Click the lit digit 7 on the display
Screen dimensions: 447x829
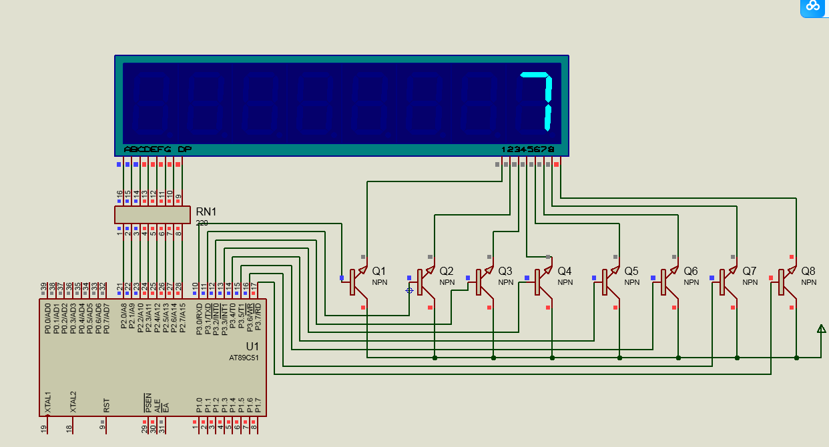click(539, 101)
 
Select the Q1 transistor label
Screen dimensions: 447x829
click(379, 271)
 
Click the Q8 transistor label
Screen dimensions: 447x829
click(808, 271)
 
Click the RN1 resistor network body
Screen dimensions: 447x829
click(152, 214)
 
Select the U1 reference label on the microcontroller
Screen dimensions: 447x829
click(252, 346)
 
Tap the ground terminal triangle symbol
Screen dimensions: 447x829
click(821, 328)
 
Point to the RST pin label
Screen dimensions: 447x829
click(107, 405)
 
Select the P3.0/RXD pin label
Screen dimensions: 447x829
click(199, 318)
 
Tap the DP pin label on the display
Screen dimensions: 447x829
click(185, 149)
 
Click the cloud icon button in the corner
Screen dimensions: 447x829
click(814, 6)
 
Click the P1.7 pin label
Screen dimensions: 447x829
click(258, 404)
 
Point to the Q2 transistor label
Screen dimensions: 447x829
click(446, 271)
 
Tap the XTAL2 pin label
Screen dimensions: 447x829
click(73, 402)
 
